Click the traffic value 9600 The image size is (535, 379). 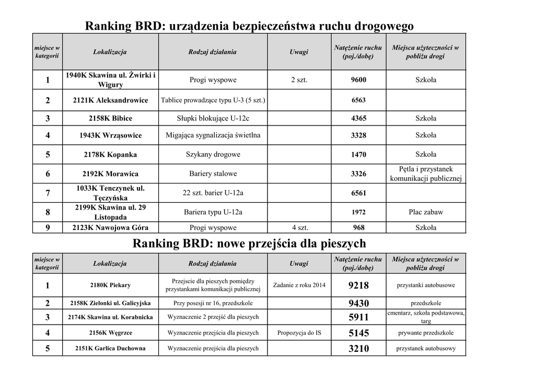tap(358, 80)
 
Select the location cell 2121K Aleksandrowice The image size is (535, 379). tap(110, 100)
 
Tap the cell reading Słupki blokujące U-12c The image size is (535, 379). tap(213, 118)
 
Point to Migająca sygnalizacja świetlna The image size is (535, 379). tap(213, 135)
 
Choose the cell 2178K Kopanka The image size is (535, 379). tap(110, 155)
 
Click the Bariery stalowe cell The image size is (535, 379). tap(213, 174)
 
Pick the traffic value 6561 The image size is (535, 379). tap(358, 193)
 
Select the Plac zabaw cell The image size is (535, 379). tap(426, 212)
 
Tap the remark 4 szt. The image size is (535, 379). tap(299, 227)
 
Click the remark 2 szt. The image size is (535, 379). tap(299, 80)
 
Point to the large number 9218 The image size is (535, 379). tap(358, 285)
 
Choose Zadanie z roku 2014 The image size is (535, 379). tap(299, 285)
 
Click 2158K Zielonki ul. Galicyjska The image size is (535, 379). tap(110, 303)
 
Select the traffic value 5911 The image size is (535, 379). tap(358, 317)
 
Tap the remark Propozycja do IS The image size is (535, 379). tap(299, 332)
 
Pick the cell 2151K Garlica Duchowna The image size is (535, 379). tap(110, 348)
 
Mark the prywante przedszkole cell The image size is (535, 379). tap(426, 332)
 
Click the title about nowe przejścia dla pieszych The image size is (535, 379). tap(249, 244)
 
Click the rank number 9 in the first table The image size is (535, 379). tap(48, 227)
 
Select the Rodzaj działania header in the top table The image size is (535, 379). tap(213, 52)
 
